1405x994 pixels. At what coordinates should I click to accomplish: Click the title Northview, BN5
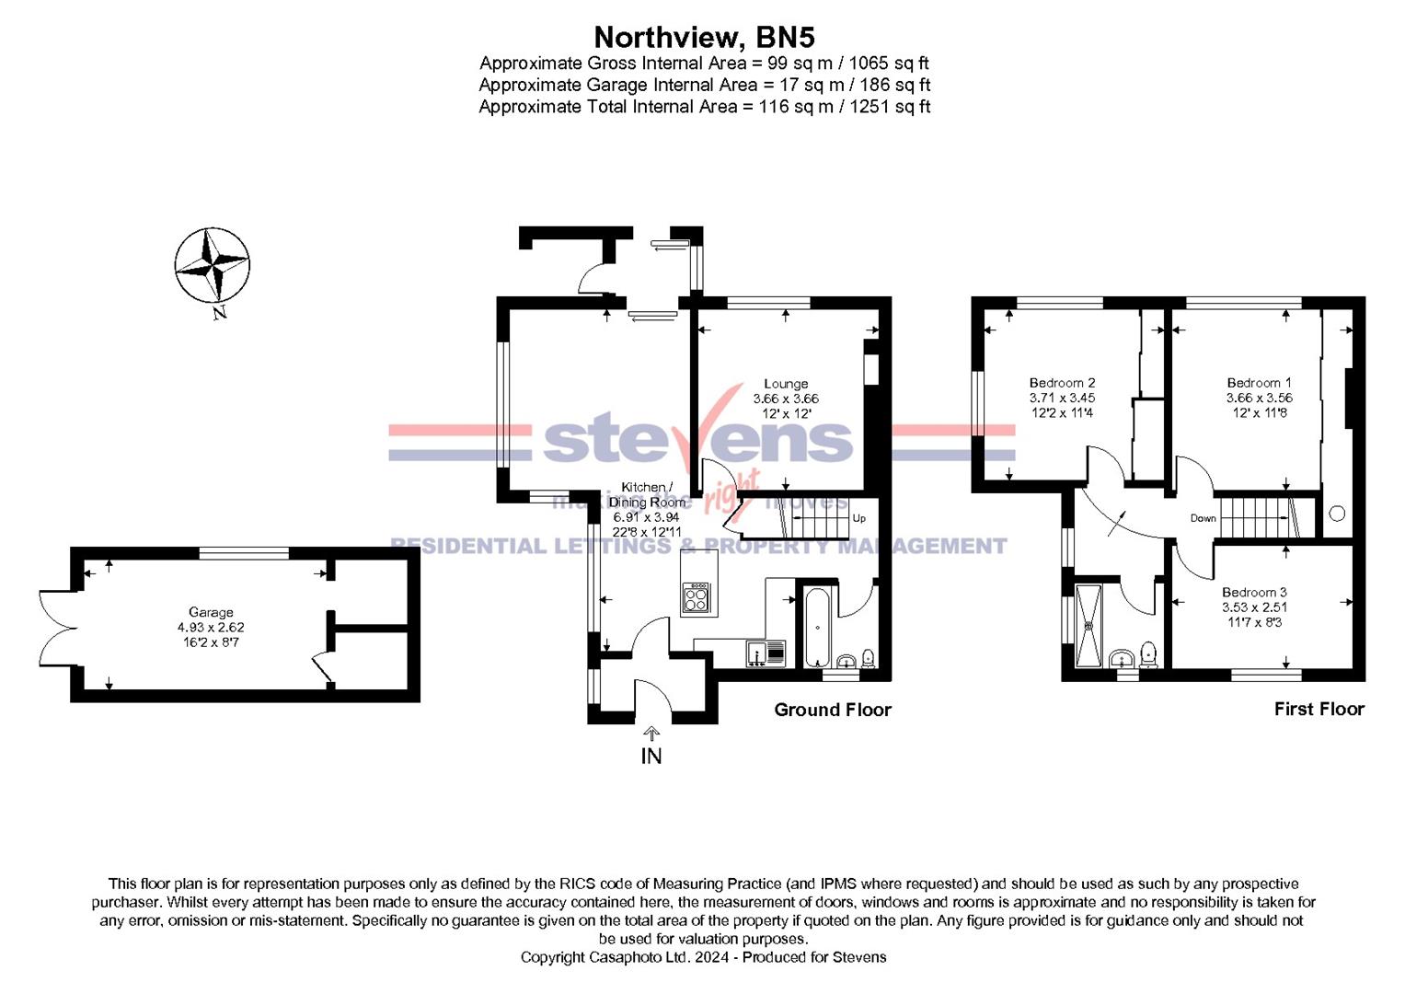[704, 37]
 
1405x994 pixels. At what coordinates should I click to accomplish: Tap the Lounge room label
[786, 384]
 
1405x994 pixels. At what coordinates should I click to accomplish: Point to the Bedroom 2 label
[1062, 383]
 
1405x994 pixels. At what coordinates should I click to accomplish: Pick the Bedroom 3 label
[1254, 593]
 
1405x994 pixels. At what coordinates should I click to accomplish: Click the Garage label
[211, 612]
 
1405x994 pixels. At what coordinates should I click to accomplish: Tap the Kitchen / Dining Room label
[648, 494]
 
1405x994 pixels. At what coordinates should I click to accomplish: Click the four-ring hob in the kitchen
[697, 599]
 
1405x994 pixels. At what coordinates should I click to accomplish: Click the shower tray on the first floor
[1089, 625]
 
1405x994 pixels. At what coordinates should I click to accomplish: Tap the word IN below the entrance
[651, 757]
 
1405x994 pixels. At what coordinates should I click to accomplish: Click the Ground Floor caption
[832, 710]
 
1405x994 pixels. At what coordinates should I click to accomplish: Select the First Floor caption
[1319, 709]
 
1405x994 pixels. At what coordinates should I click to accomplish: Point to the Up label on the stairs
[858, 518]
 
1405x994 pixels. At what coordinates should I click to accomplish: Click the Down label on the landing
[1203, 518]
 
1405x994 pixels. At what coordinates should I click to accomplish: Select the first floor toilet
[1148, 653]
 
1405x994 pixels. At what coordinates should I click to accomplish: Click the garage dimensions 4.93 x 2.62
[211, 627]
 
